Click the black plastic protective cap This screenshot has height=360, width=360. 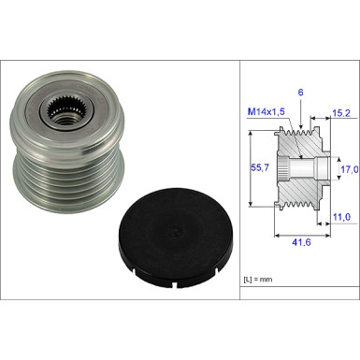pyautogui.click(x=176, y=238)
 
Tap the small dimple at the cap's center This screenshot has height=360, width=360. pyautogui.click(x=176, y=231)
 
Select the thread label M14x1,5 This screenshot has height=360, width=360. pyautogui.click(x=266, y=112)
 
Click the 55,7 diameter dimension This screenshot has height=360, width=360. pyautogui.click(x=260, y=168)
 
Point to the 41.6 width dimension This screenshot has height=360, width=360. pyautogui.click(x=301, y=242)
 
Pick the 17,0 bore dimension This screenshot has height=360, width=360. pyautogui.click(x=349, y=169)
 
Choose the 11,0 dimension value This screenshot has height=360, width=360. pyautogui.click(x=341, y=217)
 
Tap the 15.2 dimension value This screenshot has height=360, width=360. pyautogui.click(x=341, y=113)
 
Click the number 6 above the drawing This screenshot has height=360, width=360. pyautogui.click(x=300, y=93)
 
